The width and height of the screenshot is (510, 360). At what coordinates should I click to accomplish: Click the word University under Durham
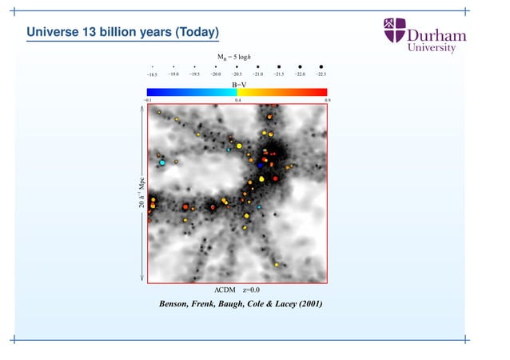click(x=432, y=48)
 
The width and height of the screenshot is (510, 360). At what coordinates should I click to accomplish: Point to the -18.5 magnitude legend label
click(x=152, y=74)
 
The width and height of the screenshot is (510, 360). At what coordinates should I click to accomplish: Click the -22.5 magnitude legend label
click(x=321, y=74)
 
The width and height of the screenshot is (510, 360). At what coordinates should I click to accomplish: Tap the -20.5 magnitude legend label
click(x=237, y=74)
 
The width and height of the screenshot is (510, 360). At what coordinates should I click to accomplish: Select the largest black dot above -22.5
click(x=321, y=66)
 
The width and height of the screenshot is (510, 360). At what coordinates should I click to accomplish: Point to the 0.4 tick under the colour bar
click(x=238, y=101)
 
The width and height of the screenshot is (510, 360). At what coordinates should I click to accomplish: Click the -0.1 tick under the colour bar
click(x=147, y=101)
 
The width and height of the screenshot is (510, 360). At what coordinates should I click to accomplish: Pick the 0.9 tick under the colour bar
click(x=327, y=101)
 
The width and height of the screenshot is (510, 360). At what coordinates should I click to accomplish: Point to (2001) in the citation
click(x=308, y=305)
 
